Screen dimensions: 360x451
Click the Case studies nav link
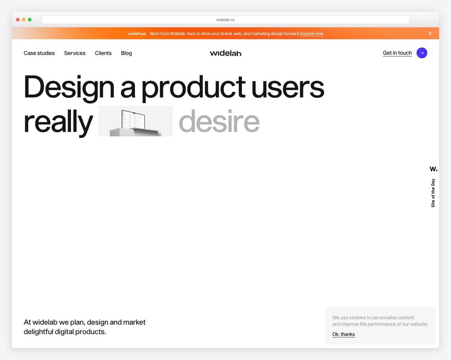[39, 53]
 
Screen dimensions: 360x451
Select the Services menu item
[75, 53]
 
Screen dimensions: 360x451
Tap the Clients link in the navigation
[103, 53]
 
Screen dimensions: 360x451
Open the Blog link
[126, 53]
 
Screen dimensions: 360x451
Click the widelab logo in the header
[225, 53]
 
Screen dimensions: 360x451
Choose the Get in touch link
[397, 53]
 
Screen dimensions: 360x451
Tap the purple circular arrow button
[422, 53]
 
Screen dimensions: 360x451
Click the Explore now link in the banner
[312, 34]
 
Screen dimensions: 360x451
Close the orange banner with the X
[430, 33]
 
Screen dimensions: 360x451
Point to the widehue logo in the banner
[137, 34]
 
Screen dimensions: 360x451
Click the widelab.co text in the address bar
[225, 20]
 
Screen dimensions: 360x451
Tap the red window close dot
[18, 20]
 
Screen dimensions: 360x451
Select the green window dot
[30, 20]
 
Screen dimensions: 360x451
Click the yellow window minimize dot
[24, 20]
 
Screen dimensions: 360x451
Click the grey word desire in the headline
[219, 121]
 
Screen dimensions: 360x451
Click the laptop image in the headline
[135, 121]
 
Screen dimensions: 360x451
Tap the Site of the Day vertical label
[433, 193]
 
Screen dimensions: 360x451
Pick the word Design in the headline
[69, 87]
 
